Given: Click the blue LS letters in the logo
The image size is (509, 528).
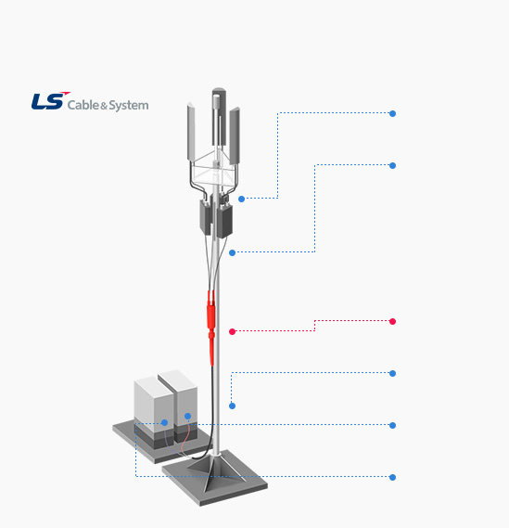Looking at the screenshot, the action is tap(48, 101).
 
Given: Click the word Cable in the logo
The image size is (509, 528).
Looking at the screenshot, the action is tap(83, 105).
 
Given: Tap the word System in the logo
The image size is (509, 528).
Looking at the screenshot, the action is tap(129, 106).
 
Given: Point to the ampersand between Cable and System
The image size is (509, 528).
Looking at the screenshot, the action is tap(104, 107).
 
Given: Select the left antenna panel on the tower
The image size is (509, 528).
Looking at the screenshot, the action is tap(191, 132).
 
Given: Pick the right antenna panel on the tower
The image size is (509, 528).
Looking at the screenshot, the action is tap(235, 135).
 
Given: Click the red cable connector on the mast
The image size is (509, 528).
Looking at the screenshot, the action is tap(211, 327).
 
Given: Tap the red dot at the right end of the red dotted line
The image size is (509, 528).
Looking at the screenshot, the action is tap(392, 321).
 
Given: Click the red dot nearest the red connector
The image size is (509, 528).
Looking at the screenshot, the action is tap(232, 331).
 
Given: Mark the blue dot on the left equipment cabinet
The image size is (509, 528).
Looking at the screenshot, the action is tap(164, 422).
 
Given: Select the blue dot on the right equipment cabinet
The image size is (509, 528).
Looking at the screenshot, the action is tap(187, 417).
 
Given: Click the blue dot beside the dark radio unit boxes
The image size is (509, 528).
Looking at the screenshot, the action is tap(241, 199).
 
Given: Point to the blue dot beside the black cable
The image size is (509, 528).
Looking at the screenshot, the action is tap(232, 406).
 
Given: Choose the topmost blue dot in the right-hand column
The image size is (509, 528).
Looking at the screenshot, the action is tap(392, 113).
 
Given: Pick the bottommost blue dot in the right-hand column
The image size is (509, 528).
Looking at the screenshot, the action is tap(392, 477).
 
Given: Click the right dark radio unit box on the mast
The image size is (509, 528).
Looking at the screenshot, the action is tap(224, 221).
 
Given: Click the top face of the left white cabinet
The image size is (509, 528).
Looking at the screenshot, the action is tap(151, 384).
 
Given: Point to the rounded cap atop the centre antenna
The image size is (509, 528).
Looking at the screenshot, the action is tap(219, 91).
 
